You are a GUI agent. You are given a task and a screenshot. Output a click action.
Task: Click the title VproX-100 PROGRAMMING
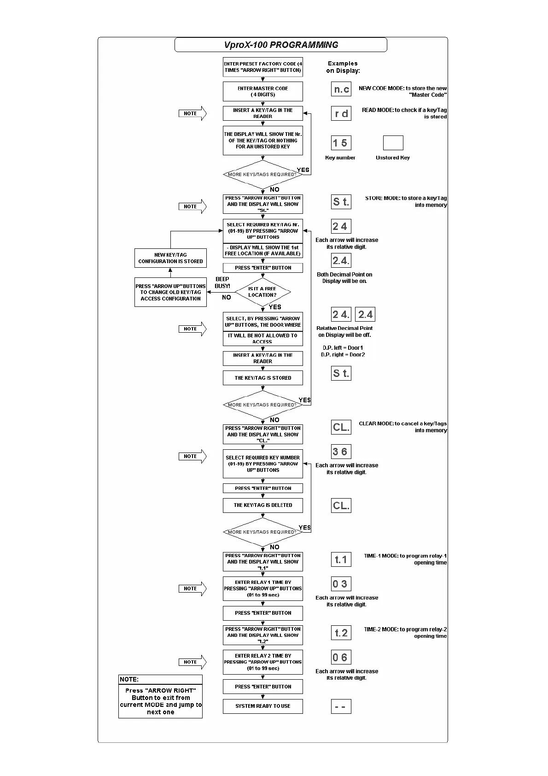[281, 45]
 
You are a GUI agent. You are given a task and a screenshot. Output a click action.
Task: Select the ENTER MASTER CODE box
[263, 92]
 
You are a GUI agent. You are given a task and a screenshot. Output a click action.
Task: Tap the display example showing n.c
[341, 89]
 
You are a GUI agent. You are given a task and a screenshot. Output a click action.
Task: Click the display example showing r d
[341, 113]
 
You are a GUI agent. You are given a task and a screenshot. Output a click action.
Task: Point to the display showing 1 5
[341, 143]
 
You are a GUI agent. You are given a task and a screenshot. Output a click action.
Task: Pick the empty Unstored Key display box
[393, 143]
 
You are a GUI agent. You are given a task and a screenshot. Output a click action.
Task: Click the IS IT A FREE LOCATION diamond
[262, 292]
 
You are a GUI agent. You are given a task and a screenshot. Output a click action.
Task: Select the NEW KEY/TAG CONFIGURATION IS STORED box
[170, 258]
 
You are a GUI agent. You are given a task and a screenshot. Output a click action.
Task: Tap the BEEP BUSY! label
[222, 282]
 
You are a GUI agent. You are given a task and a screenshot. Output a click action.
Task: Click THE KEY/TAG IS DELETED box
[263, 505]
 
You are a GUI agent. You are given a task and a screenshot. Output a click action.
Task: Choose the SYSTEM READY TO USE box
[263, 706]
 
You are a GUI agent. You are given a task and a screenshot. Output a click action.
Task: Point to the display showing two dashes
[341, 706]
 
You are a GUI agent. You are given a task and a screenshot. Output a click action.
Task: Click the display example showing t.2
[341, 633]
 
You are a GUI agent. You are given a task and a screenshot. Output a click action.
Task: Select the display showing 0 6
[341, 658]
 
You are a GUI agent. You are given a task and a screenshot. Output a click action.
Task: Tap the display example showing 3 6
[341, 452]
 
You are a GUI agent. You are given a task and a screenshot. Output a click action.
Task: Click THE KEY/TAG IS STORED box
[263, 378]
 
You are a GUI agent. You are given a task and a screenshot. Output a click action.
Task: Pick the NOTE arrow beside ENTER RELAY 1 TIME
[192, 588]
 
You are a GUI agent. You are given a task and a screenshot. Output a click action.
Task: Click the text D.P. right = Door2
[343, 355]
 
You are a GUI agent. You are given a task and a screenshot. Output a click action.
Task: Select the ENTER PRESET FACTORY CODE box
[263, 67]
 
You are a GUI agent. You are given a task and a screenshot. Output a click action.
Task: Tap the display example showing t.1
[341, 559]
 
